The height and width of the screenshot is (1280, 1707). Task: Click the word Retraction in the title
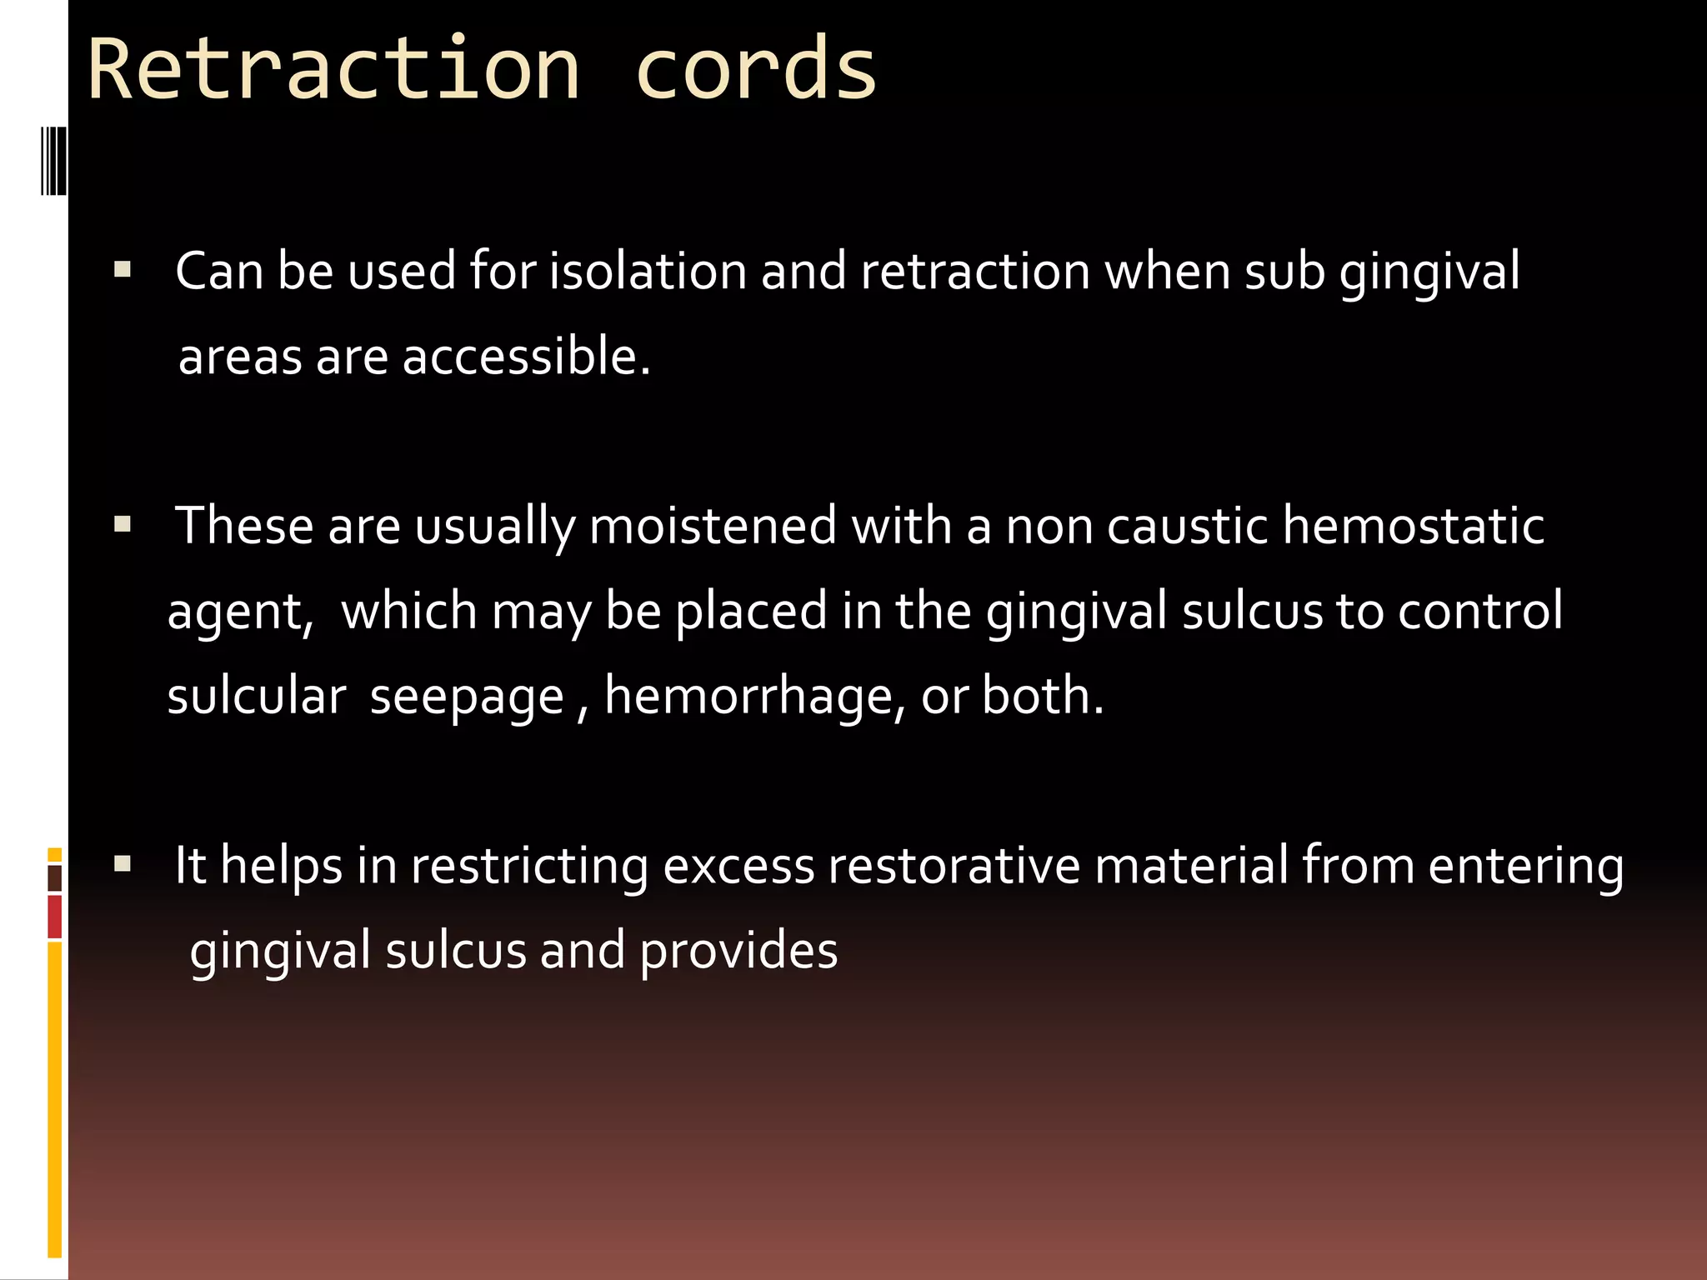click(x=333, y=70)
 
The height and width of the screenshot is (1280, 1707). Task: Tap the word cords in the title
click(x=755, y=70)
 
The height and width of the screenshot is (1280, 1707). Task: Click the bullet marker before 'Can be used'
click(x=123, y=270)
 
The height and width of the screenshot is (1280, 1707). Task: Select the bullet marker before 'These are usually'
click(x=123, y=525)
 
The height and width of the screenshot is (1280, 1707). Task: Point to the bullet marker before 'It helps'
click(x=123, y=863)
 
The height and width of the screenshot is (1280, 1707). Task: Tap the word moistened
click(x=713, y=527)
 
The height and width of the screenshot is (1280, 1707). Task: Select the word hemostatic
click(x=1414, y=527)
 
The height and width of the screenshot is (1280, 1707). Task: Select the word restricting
click(x=529, y=867)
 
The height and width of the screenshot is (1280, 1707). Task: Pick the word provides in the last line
click(x=738, y=952)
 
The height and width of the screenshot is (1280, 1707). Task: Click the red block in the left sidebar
click(x=55, y=917)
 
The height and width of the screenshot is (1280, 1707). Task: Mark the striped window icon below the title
click(x=53, y=160)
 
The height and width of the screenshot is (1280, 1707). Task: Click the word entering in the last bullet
click(x=1526, y=867)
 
